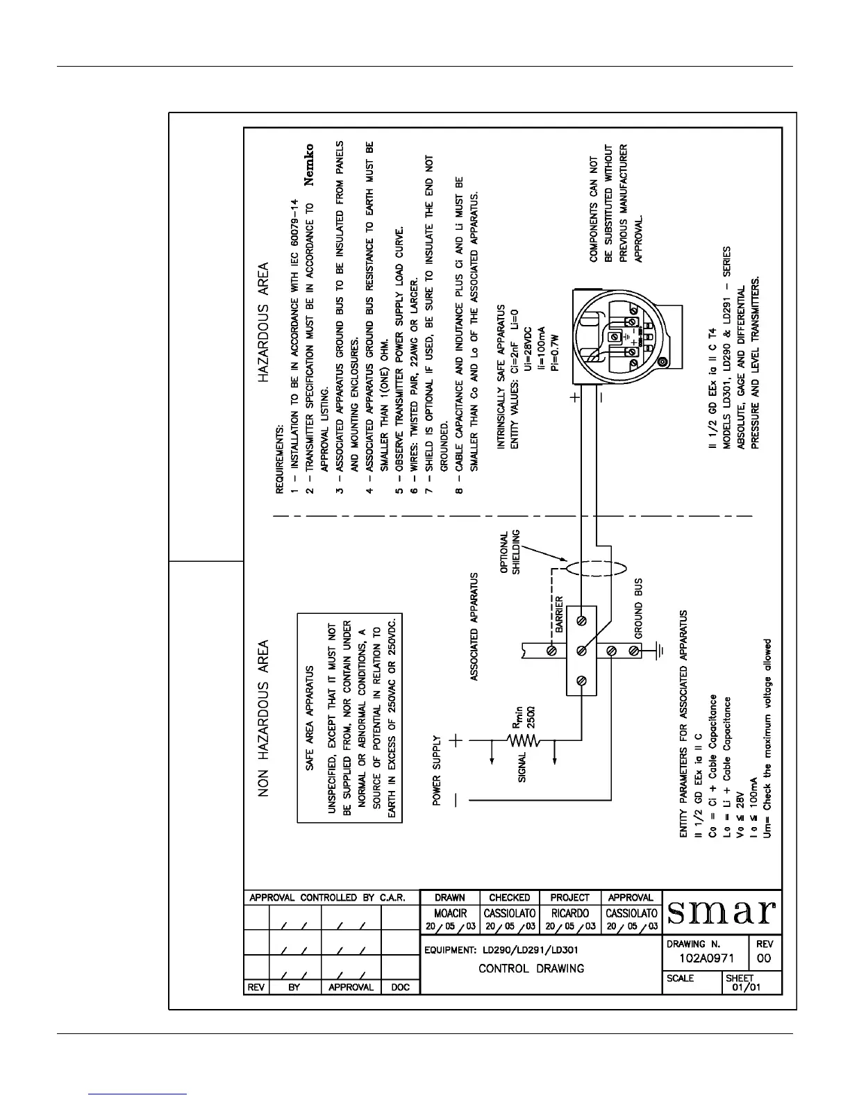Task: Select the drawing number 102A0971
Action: (x=705, y=959)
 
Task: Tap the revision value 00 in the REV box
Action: (x=764, y=959)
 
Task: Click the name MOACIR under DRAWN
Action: (x=450, y=913)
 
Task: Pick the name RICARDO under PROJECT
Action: (x=569, y=913)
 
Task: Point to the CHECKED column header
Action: (x=509, y=897)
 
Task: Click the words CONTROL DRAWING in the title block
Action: (x=531, y=969)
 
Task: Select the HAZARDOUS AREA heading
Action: (x=264, y=323)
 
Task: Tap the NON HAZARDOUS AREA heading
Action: (x=264, y=719)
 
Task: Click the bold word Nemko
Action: (x=310, y=165)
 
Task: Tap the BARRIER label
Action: (x=559, y=615)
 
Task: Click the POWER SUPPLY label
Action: (x=437, y=771)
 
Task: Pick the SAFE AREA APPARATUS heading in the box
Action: (x=310, y=719)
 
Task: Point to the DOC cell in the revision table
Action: (x=401, y=987)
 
